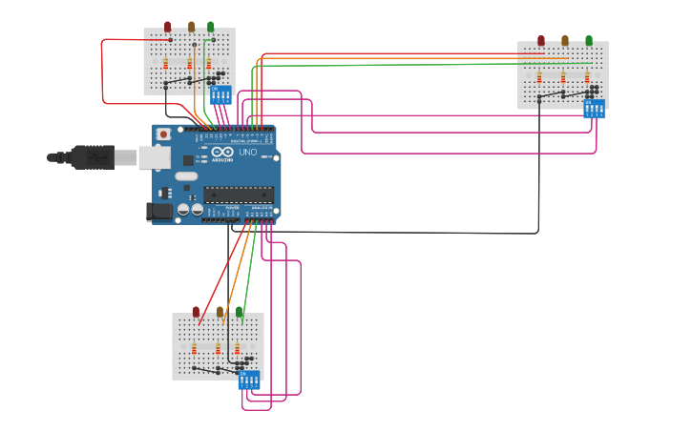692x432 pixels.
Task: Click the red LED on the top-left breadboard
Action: pyautogui.click(x=168, y=27)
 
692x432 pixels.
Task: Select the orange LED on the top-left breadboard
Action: pyautogui.click(x=191, y=27)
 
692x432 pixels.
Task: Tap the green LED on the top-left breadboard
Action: pyautogui.click(x=211, y=27)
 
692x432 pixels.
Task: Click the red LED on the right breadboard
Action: pyautogui.click(x=541, y=41)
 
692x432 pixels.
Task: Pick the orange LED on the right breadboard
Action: pyautogui.click(x=564, y=41)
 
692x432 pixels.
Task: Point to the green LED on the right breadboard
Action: pyautogui.click(x=589, y=41)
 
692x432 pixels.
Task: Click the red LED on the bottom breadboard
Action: pyautogui.click(x=196, y=312)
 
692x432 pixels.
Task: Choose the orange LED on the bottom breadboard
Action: pyautogui.click(x=220, y=312)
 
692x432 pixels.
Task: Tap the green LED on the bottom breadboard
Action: pyautogui.click(x=240, y=312)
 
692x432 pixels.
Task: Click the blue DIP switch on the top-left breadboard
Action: pyautogui.click(x=220, y=94)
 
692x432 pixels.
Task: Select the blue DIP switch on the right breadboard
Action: pyautogui.click(x=594, y=109)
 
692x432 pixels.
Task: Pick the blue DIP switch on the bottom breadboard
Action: pyautogui.click(x=249, y=381)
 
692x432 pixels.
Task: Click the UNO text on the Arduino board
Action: pyautogui.click(x=247, y=153)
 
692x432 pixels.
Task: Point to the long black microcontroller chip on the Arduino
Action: pyautogui.click(x=239, y=195)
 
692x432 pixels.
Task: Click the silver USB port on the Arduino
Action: pyautogui.click(x=154, y=157)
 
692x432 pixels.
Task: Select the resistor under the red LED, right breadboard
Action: pyautogui.click(x=539, y=77)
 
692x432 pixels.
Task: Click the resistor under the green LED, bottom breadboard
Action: pyautogui.click(x=238, y=349)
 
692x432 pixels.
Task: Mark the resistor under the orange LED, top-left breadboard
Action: pyautogui.click(x=189, y=64)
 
